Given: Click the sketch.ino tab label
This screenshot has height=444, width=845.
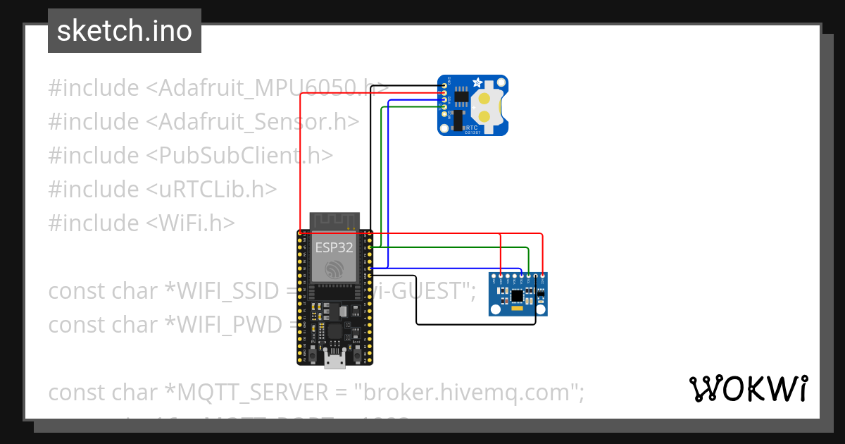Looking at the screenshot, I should coord(125,31).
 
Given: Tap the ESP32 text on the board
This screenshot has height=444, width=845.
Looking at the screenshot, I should coord(334,247).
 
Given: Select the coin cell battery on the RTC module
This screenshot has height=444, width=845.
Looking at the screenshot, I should coord(485,106).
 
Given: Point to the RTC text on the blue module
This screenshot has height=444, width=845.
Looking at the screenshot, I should coord(471,128).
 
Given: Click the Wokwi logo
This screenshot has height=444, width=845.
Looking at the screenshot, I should coord(748,389).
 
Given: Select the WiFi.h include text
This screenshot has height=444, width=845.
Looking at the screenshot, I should coord(191,223).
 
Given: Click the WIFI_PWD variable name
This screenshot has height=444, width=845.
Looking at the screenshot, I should coord(221,325).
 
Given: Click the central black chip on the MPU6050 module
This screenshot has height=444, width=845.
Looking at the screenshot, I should coord(518,294).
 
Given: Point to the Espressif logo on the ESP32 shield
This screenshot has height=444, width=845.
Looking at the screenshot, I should coord(334,269).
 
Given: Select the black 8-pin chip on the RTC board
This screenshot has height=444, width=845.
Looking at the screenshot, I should coord(461,97).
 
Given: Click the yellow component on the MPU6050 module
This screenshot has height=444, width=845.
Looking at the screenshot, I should coord(518,308).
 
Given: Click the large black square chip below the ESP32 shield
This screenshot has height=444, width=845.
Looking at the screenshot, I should coord(334,332).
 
